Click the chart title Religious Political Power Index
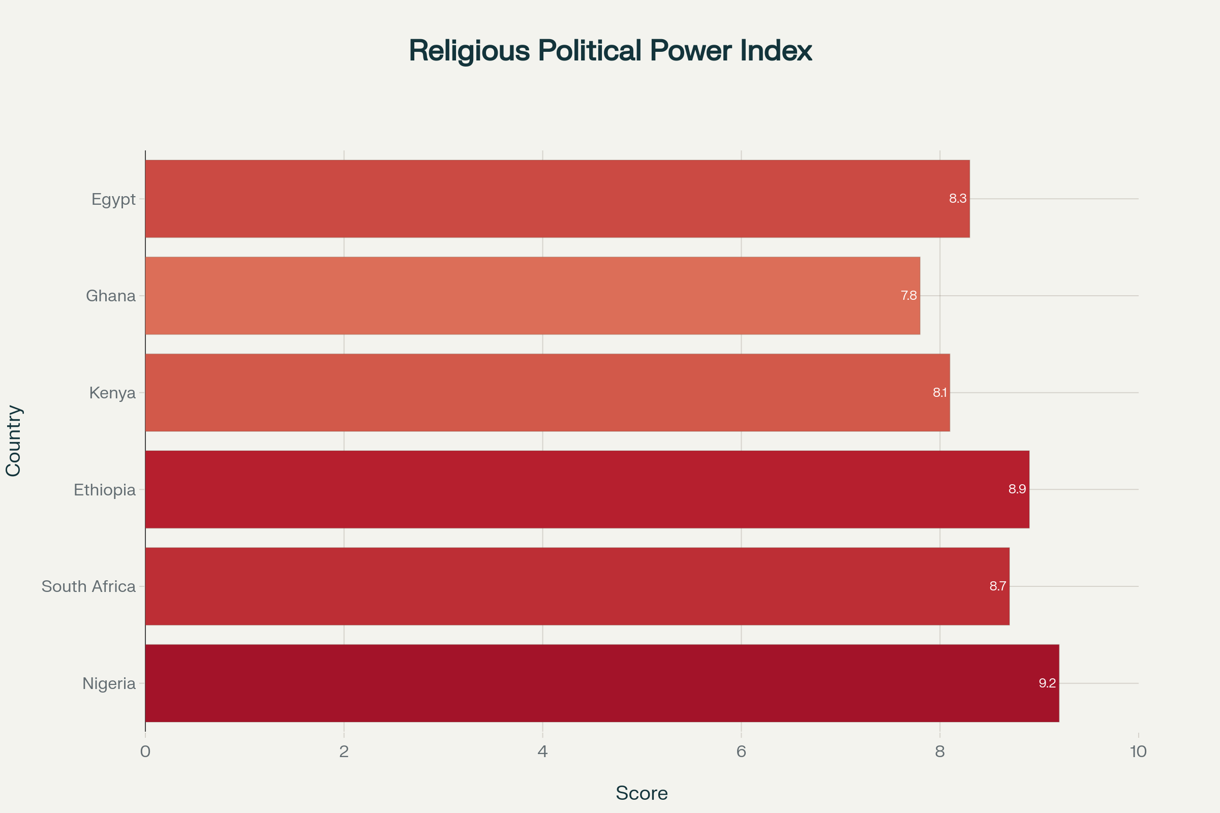(610, 51)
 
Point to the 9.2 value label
(1047, 683)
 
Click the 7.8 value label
(909, 296)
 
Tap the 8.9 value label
(1017, 489)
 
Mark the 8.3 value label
(958, 199)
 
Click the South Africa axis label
(88, 586)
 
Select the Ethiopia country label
(105, 490)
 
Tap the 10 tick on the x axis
(1138, 752)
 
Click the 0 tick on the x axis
(145, 752)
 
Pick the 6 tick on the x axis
(741, 752)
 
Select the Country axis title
(14, 441)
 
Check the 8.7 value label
(997, 586)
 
